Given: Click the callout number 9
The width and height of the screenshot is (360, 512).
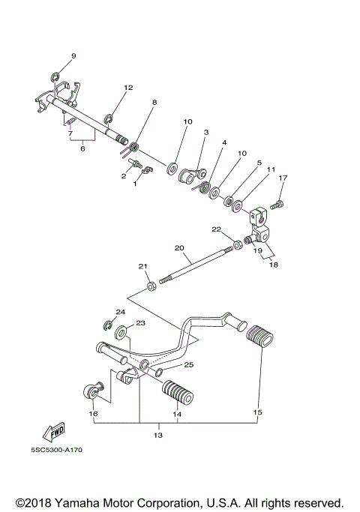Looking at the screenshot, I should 73,56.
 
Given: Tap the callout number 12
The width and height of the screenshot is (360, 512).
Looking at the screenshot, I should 128,88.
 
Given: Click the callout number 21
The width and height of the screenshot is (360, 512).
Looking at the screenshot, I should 143,265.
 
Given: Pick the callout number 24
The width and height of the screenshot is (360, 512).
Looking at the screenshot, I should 120,311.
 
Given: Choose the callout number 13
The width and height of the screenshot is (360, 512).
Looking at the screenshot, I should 157,435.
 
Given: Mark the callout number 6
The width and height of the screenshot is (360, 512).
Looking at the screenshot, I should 82,148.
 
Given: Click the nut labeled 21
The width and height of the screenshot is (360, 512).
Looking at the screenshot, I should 151,284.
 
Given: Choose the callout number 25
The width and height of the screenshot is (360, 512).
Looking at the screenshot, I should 189,364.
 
